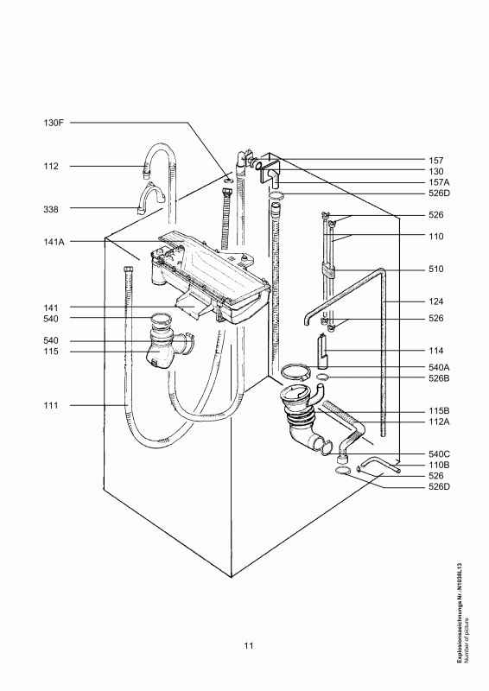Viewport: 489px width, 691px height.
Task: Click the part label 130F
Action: pos(54,123)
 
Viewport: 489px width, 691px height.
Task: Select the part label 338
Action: pos(51,209)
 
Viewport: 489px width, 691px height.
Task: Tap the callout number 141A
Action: pos(54,242)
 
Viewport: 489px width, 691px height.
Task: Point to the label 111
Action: pos(51,405)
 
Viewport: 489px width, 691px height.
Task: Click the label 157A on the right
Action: pos(439,182)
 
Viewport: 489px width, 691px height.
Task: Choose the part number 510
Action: pos(436,269)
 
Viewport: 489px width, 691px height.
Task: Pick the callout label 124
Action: pos(436,301)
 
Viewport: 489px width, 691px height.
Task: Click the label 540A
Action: pos(439,367)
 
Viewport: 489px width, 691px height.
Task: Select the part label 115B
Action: pos(439,411)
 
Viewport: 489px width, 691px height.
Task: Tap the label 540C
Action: pos(439,454)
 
